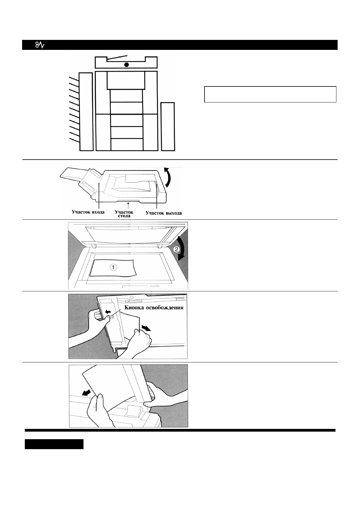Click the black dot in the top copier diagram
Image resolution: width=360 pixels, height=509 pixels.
[x=126, y=65]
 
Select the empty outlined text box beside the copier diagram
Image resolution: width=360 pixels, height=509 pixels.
[x=270, y=94]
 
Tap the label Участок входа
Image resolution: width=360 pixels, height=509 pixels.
[x=88, y=212]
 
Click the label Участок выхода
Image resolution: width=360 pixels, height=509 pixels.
[x=164, y=213]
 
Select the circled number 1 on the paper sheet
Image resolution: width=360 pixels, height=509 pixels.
[x=113, y=267]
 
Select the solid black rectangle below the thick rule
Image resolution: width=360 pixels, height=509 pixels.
[x=54, y=444]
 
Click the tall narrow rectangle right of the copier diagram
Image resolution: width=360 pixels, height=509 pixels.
[x=168, y=126]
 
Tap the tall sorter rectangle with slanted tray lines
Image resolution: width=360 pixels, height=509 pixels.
[x=86, y=112]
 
